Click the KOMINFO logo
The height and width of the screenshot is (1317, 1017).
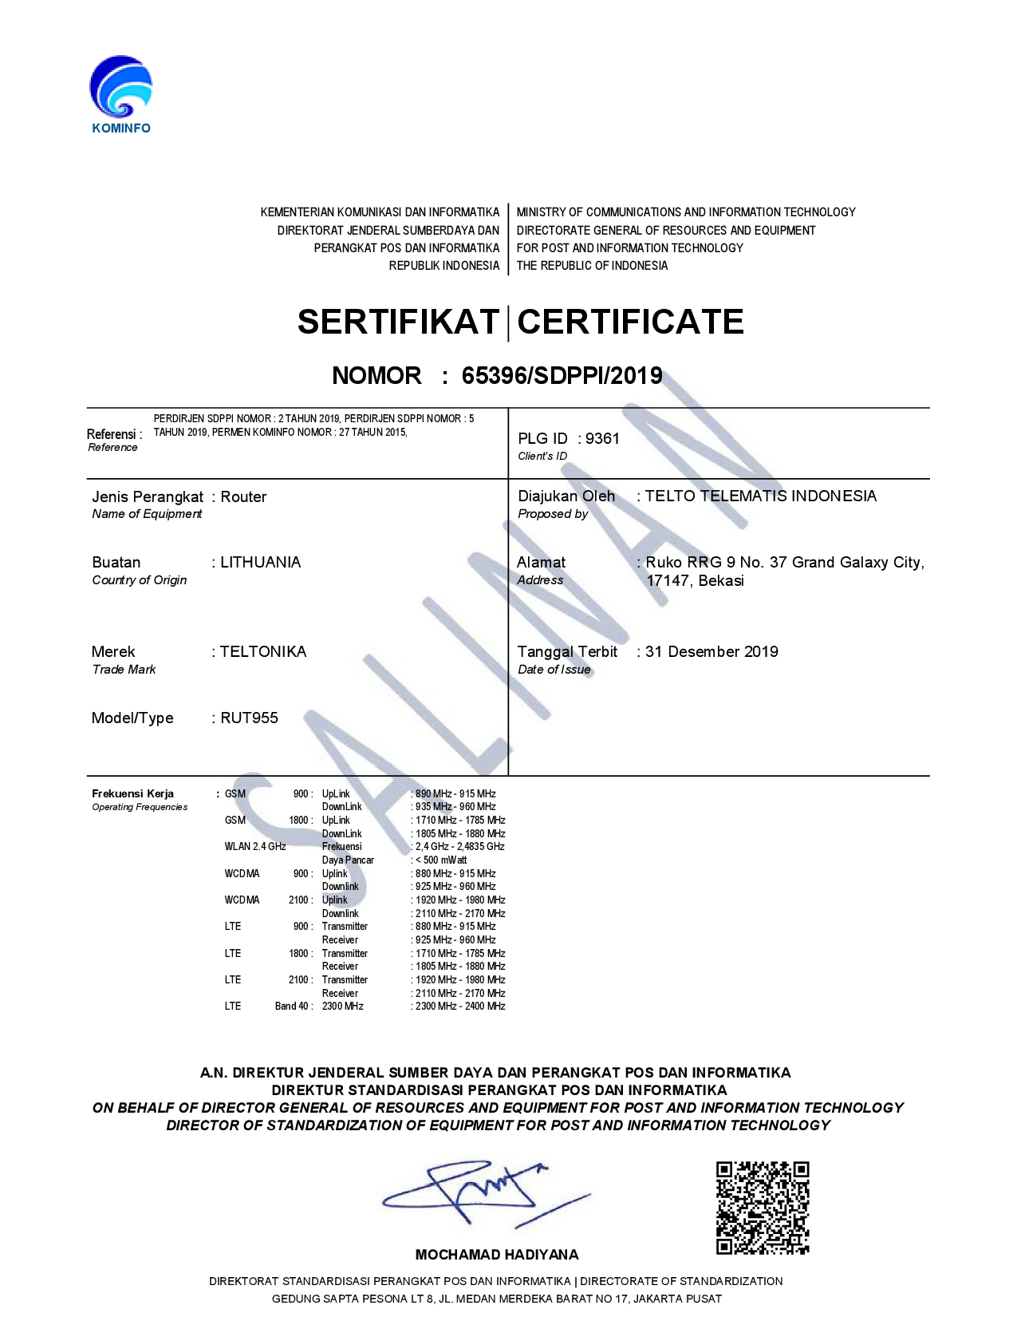[x=120, y=93]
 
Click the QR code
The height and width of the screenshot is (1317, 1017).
[x=762, y=1208]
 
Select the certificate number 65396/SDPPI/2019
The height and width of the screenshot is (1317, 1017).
[x=562, y=375]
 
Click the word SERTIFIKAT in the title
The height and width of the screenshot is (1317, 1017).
[x=398, y=322]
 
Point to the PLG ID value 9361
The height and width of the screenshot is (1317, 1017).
[x=602, y=438]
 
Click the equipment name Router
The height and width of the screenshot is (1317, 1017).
[x=243, y=496]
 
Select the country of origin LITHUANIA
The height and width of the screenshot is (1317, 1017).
[x=261, y=562]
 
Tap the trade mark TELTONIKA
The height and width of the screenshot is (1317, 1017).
[x=263, y=651]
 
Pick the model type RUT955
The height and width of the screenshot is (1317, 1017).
[x=249, y=718]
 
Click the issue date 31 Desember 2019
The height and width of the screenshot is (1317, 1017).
[x=712, y=651]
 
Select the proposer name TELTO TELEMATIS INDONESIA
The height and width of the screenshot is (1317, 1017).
[x=760, y=496]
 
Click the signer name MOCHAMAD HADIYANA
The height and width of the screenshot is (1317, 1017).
[x=497, y=1255]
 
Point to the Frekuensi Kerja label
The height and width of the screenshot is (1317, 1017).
[x=132, y=793]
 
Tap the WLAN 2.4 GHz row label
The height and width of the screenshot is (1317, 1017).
[x=254, y=846]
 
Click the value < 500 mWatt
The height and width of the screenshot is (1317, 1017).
[x=441, y=860]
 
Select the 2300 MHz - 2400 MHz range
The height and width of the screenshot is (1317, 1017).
[x=460, y=1006]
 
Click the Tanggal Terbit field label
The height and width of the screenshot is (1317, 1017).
[x=567, y=651]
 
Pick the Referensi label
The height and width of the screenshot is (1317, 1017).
[x=114, y=434]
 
